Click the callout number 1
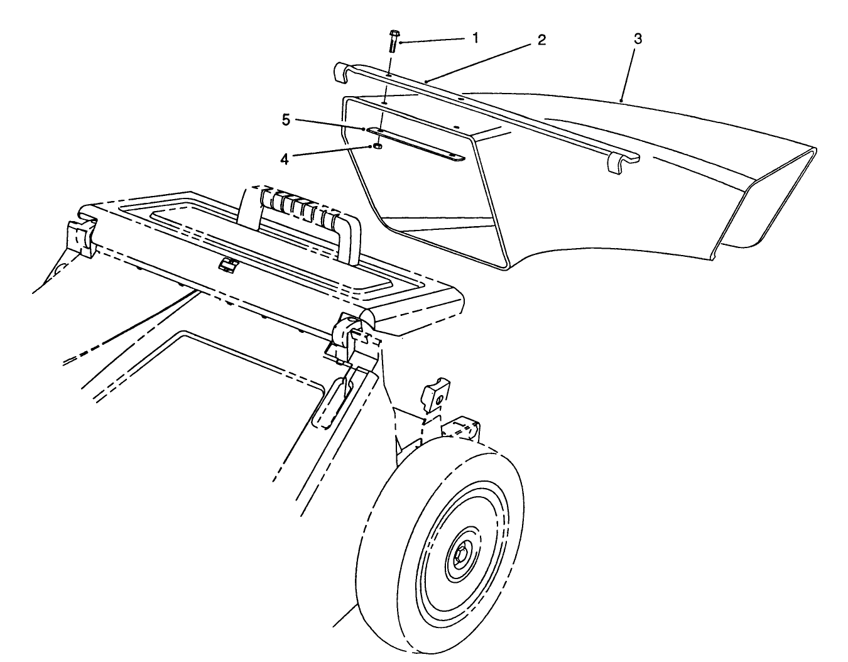[x=476, y=38]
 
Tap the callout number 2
[x=541, y=40]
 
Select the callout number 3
[x=638, y=38]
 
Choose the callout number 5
[x=286, y=120]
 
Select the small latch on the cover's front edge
[x=226, y=265]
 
